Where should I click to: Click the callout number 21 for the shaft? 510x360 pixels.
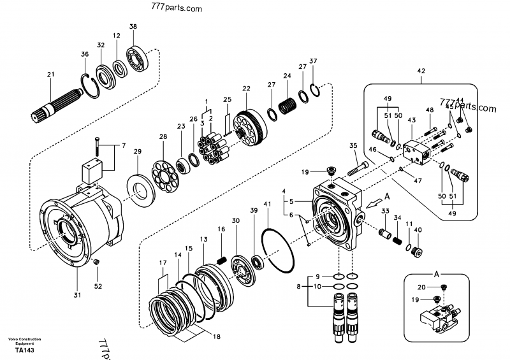click(x=51, y=76)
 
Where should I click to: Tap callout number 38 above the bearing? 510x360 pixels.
click(x=133, y=27)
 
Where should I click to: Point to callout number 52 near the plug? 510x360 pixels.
click(x=98, y=286)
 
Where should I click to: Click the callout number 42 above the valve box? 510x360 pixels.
click(x=421, y=71)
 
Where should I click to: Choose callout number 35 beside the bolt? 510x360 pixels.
click(x=353, y=147)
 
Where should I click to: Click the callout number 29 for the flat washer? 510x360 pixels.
click(x=137, y=151)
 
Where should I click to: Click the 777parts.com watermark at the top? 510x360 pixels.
click(x=175, y=9)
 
